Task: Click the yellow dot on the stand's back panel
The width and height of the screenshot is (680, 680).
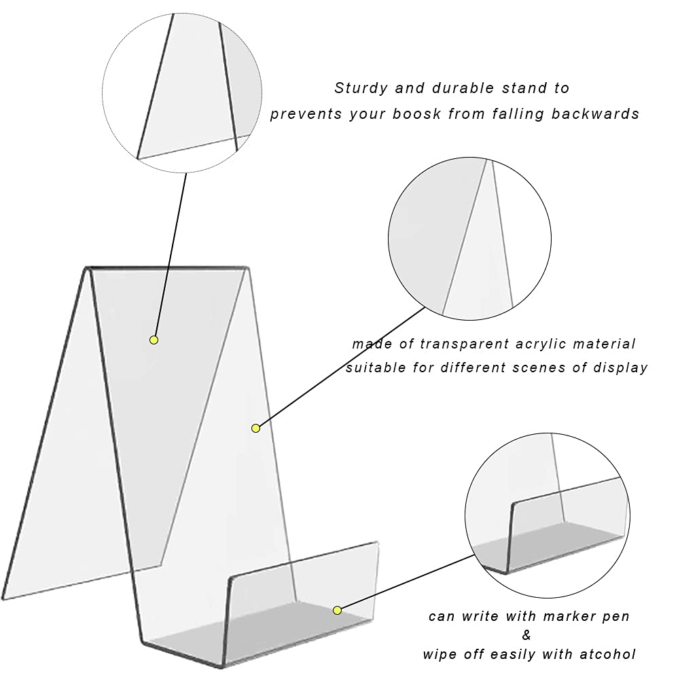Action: coord(154,340)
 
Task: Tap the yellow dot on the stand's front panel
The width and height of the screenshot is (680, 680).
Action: coord(256,429)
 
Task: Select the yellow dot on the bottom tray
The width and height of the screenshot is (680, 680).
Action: coord(338,610)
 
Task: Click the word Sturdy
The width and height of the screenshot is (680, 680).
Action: coord(361,88)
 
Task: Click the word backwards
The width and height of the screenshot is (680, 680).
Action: coord(596,113)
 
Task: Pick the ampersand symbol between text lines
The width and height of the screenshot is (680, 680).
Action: coord(526,635)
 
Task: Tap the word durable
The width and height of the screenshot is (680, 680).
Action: coord(463,88)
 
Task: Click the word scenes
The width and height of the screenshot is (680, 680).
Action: coord(539,368)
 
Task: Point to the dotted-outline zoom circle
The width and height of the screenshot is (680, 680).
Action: coord(182,93)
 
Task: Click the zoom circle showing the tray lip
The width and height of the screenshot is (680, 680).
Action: coord(548,515)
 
